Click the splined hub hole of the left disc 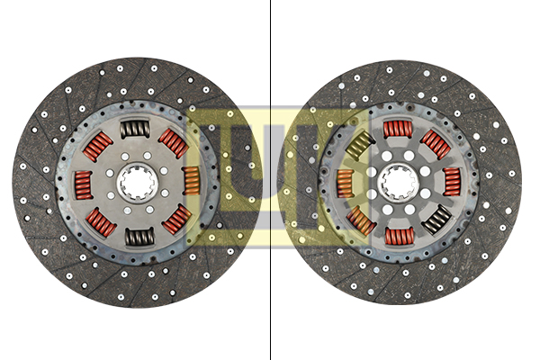pos(137,183)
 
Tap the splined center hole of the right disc pos(398,182)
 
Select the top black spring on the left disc pos(135,129)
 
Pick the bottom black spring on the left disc pos(139,237)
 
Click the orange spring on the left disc pos(192,180)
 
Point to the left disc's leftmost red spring pos(84,185)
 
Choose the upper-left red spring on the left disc pos(98,147)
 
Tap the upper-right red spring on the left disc pos(173,143)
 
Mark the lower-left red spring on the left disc pos(102,222)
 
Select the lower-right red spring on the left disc pos(177,219)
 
